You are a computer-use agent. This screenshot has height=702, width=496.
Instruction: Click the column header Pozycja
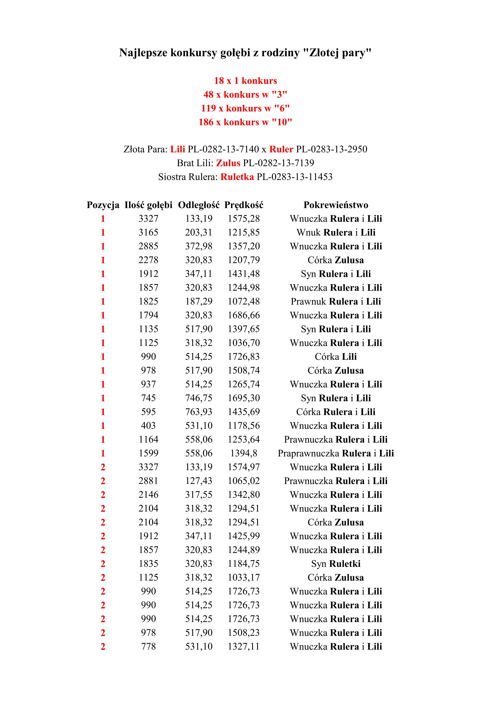tap(103, 205)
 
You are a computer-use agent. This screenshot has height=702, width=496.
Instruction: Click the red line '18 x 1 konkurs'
tap(246, 81)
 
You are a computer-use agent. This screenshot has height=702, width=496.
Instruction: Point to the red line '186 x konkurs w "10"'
tap(246, 122)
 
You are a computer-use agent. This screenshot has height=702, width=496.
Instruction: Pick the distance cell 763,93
tap(199, 412)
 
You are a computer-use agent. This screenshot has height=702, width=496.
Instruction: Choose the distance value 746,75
tap(199, 398)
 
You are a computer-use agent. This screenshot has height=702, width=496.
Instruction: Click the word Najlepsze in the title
tap(143, 53)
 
